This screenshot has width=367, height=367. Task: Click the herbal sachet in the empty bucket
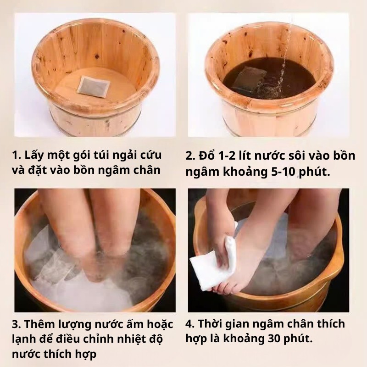point(93,86)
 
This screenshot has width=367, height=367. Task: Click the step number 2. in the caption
point(191,155)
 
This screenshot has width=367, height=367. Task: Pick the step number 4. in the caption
point(191,324)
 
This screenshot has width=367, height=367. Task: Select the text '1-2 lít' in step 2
point(239,155)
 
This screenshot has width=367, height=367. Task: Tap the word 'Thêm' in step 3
point(38,325)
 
